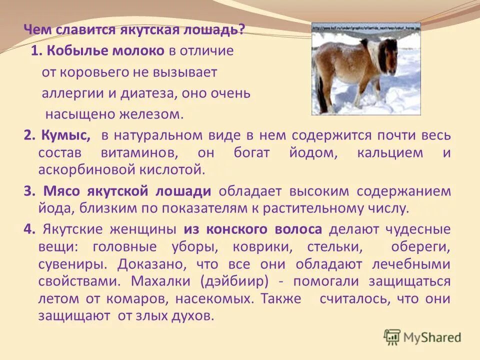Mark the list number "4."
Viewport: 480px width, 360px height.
point(29,229)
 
